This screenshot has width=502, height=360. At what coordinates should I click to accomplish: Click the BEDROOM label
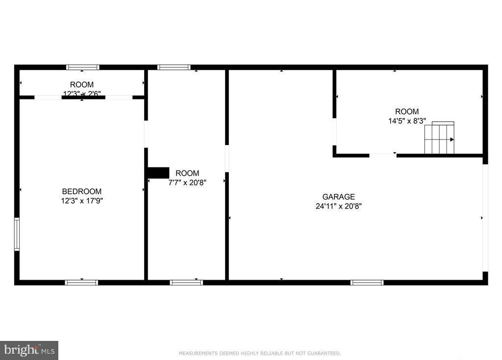point(82,192)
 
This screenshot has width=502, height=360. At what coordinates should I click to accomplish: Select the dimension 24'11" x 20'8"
point(338,206)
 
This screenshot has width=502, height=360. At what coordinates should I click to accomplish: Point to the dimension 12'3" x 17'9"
point(82,200)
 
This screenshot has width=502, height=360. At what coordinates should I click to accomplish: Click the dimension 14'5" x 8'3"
point(407,120)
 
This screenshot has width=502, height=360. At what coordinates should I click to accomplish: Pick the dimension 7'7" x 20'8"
point(187,182)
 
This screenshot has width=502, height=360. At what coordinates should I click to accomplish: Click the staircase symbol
point(440,138)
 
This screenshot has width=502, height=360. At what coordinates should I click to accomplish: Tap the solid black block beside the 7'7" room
point(158,173)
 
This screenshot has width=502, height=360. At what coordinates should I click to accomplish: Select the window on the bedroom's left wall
point(17,235)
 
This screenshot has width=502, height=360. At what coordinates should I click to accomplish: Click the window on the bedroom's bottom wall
point(81,282)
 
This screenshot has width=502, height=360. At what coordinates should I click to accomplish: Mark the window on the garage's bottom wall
point(367,282)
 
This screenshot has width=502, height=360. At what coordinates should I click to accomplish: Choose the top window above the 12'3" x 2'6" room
point(83,67)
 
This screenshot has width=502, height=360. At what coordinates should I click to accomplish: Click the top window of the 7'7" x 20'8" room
point(174,67)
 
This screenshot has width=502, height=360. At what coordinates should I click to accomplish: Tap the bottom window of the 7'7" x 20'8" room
point(186,282)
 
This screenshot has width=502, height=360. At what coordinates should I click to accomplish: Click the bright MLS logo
point(29,350)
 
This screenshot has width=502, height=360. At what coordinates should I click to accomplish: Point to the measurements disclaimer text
point(260,353)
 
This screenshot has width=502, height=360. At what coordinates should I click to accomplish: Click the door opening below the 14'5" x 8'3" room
point(382,155)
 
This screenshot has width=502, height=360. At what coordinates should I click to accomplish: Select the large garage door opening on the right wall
point(485,217)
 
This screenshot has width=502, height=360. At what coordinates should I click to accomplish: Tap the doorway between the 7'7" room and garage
point(227,158)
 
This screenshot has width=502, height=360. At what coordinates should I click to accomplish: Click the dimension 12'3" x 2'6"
point(82,93)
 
